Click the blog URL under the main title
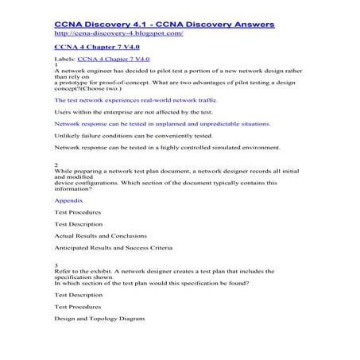[x=118, y=35]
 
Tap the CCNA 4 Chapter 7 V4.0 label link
[x=113, y=60]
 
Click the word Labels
[x=64, y=60]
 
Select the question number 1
[x=56, y=65]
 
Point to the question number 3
[x=56, y=265]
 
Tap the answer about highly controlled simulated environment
[x=167, y=148]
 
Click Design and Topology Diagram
[x=99, y=319]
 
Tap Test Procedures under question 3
[x=78, y=307]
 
